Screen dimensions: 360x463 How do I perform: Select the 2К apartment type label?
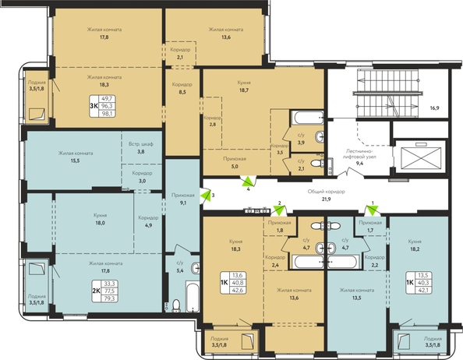(97, 291)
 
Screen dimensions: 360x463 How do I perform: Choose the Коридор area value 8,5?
(182, 90)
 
